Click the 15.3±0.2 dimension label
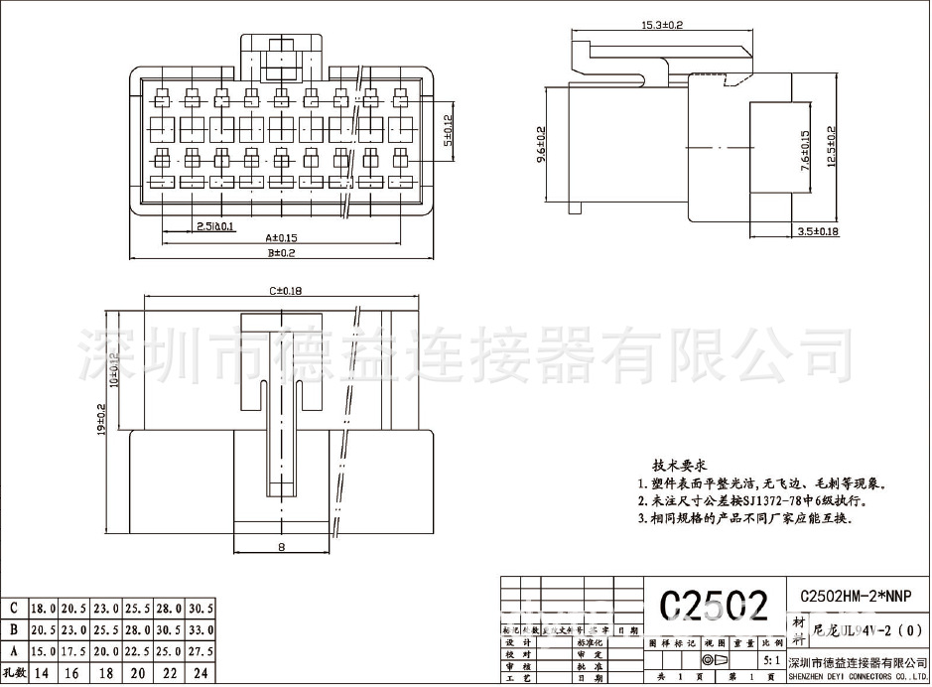click(662, 23)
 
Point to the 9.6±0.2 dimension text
click(541, 145)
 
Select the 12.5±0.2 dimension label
click(832, 145)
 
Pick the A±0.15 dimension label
click(282, 238)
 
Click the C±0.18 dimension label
click(285, 291)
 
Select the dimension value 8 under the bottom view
click(282, 547)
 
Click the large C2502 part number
click(714, 605)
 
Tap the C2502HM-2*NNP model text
click(856, 596)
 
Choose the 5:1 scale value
click(770, 659)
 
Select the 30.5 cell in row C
click(200, 608)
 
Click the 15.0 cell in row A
click(44, 650)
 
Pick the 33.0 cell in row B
click(200, 629)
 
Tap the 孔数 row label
click(14, 673)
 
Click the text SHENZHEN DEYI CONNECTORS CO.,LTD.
click(856, 676)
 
